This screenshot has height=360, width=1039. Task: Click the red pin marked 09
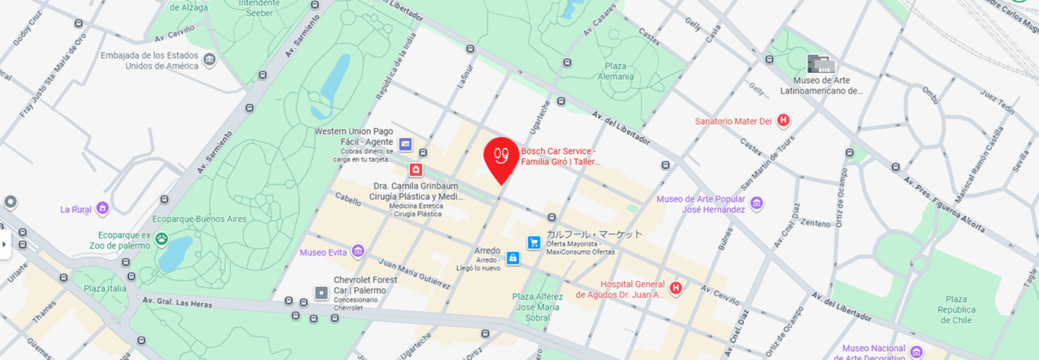click(501, 155)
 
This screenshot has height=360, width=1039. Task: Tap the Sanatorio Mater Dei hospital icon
click(784, 120)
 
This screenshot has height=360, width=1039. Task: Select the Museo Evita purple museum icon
click(358, 252)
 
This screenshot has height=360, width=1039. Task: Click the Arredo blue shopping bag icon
click(512, 258)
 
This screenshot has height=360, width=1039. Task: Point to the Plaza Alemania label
click(615, 71)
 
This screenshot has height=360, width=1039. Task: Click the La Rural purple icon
click(102, 209)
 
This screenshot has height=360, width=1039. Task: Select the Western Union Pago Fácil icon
click(405, 145)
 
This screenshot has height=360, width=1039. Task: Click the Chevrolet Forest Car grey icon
click(321, 292)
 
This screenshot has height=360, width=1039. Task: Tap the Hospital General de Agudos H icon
click(676, 289)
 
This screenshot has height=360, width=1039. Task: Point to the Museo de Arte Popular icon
click(756, 203)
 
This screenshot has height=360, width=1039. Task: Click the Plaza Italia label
click(105, 289)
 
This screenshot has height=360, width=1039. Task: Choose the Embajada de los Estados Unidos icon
click(210, 60)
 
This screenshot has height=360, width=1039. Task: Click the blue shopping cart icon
click(534, 242)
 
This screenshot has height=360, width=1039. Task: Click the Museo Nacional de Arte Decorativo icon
click(916, 351)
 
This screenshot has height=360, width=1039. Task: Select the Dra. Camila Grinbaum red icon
click(416, 170)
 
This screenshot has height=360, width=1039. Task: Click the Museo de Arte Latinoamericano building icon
click(820, 63)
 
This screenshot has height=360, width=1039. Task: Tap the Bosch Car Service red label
click(559, 156)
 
